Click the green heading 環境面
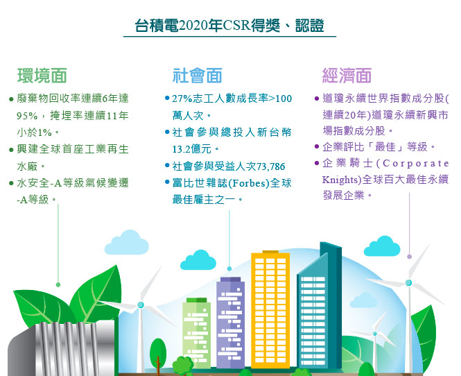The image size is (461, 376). (x=42, y=76)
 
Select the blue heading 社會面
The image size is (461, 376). (x=197, y=76)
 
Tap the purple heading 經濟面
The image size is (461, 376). (x=347, y=76)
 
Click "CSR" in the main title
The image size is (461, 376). (x=236, y=26)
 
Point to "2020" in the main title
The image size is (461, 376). (x=193, y=26)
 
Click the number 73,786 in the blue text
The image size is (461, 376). (x=271, y=166)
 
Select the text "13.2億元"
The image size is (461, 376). (x=192, y=149)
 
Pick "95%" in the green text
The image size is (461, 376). (x=27, y=116)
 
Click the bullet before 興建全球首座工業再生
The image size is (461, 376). (x=11, y=150)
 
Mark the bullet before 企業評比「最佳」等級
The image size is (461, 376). (x=317, y=146)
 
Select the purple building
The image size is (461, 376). (x=230, y=323)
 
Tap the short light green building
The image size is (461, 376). (x=196, y=333)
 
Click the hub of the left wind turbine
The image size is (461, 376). (x=141, y=305)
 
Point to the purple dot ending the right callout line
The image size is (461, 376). (x=409, y=257)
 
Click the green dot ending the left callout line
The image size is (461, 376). (x=58, y=284)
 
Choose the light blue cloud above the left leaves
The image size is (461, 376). (x=127, y=243)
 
